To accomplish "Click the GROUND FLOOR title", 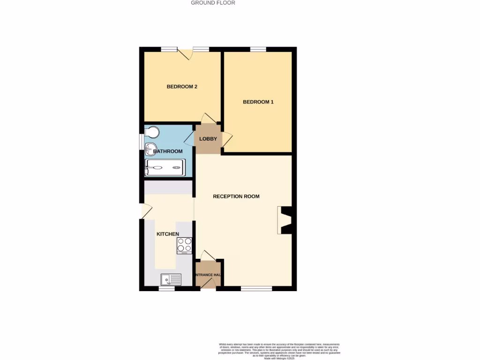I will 213,3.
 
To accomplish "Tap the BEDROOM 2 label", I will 182,87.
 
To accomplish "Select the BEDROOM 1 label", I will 258,102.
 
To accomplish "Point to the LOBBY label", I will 208,139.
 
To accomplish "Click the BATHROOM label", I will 168,151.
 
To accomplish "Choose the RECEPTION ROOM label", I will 236,196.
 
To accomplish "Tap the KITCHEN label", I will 168,234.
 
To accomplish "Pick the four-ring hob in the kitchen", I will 184,245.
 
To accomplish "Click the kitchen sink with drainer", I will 171,280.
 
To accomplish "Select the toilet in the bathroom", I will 152,133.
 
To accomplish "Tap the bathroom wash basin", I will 150,149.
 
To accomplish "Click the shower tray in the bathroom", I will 165,167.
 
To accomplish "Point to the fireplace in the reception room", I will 285,220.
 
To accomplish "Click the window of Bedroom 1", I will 258,49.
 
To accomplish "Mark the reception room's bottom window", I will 256,289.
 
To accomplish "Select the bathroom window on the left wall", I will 142,142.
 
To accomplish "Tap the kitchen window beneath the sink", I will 166,289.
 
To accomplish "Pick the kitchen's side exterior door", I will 145,211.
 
